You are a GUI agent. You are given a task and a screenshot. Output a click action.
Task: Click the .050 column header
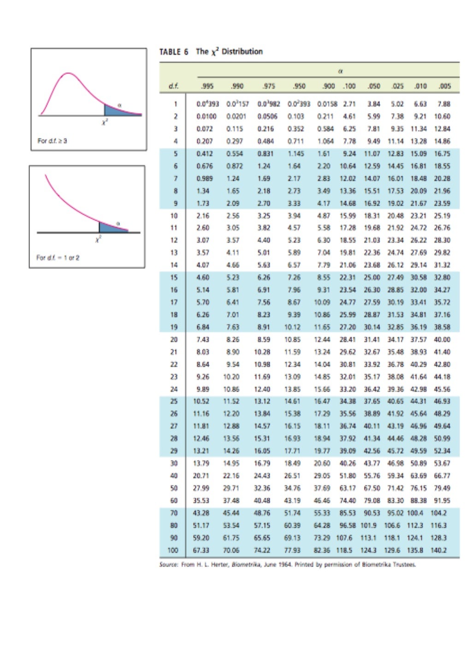coord(374,86)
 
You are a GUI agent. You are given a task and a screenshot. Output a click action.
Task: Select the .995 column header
coord(207,86)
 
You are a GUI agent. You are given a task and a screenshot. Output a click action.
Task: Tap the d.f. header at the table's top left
coord(174,86)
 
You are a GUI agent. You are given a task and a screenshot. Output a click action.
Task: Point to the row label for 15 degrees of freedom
coord(174,278)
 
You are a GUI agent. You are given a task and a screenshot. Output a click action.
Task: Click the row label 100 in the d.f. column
coord(173,550)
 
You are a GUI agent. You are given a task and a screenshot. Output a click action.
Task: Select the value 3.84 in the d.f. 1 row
coord(374,104)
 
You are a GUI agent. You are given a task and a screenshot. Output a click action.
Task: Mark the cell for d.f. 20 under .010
coord(419,340)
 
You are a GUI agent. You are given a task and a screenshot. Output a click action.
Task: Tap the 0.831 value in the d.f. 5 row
coord(265,154)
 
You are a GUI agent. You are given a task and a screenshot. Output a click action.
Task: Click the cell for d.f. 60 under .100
coord(348,501)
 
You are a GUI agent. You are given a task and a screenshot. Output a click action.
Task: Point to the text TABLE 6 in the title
coord(174,52)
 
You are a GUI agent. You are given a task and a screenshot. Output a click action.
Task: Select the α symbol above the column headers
coord(340,72)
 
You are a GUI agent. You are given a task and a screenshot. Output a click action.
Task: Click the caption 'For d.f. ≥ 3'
coord(52,141)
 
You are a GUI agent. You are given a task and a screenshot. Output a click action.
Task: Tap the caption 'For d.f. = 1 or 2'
coord(58,257)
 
